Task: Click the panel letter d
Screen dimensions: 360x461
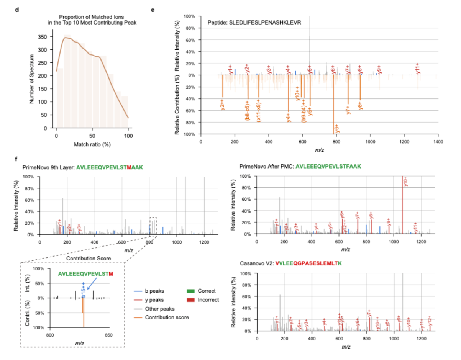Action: (x=17, y=9)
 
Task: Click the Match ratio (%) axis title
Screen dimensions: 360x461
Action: (x=92, y=145)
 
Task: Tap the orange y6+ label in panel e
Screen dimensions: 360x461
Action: (x=336, y=128)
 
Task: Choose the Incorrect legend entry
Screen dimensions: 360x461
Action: (x=208, y=299)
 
